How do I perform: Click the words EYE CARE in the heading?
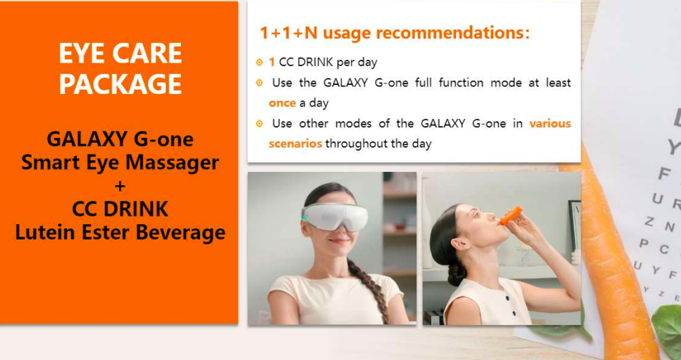[120, 54]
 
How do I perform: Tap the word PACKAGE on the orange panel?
[120, 84]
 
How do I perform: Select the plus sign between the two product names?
[120, 187]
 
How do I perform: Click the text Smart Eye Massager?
[120, 163]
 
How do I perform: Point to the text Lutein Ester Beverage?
[120, 233]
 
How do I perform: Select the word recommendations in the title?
[453, 33]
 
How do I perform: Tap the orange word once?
[282, 103]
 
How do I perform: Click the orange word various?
[550, 124]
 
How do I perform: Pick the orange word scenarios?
[295, 143]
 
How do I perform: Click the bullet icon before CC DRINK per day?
[259, 63]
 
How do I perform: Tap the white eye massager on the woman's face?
[335, 215]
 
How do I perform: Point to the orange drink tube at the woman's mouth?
[511, 215]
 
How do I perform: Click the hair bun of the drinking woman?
[457, 274]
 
